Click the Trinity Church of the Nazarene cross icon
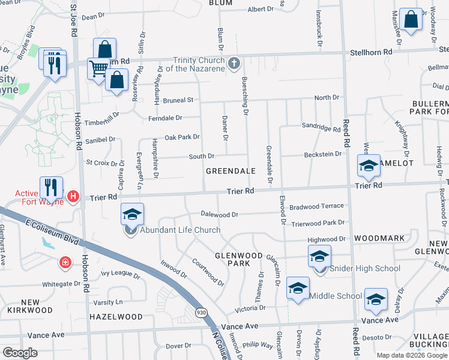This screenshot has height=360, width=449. click(x=234, y=62)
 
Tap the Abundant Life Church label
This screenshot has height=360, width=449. click(x=179, y=230)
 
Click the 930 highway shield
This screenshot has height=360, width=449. click(x=201, y=311)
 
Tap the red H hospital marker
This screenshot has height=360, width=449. click(x=73, y=196)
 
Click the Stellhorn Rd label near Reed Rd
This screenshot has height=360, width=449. click(x=371, y=52)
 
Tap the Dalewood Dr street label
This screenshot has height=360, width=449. click(x=220, y=214)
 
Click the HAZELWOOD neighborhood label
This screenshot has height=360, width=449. click(x=116, y=316)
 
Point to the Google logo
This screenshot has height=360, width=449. click(x=20, y=353)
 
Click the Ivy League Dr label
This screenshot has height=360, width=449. click(x=120, y=277)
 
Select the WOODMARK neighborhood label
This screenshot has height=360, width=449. click(x=380, y=238)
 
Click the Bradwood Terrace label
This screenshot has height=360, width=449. click(x=318, y=206)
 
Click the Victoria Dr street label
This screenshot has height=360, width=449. click(x=250, y=308)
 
